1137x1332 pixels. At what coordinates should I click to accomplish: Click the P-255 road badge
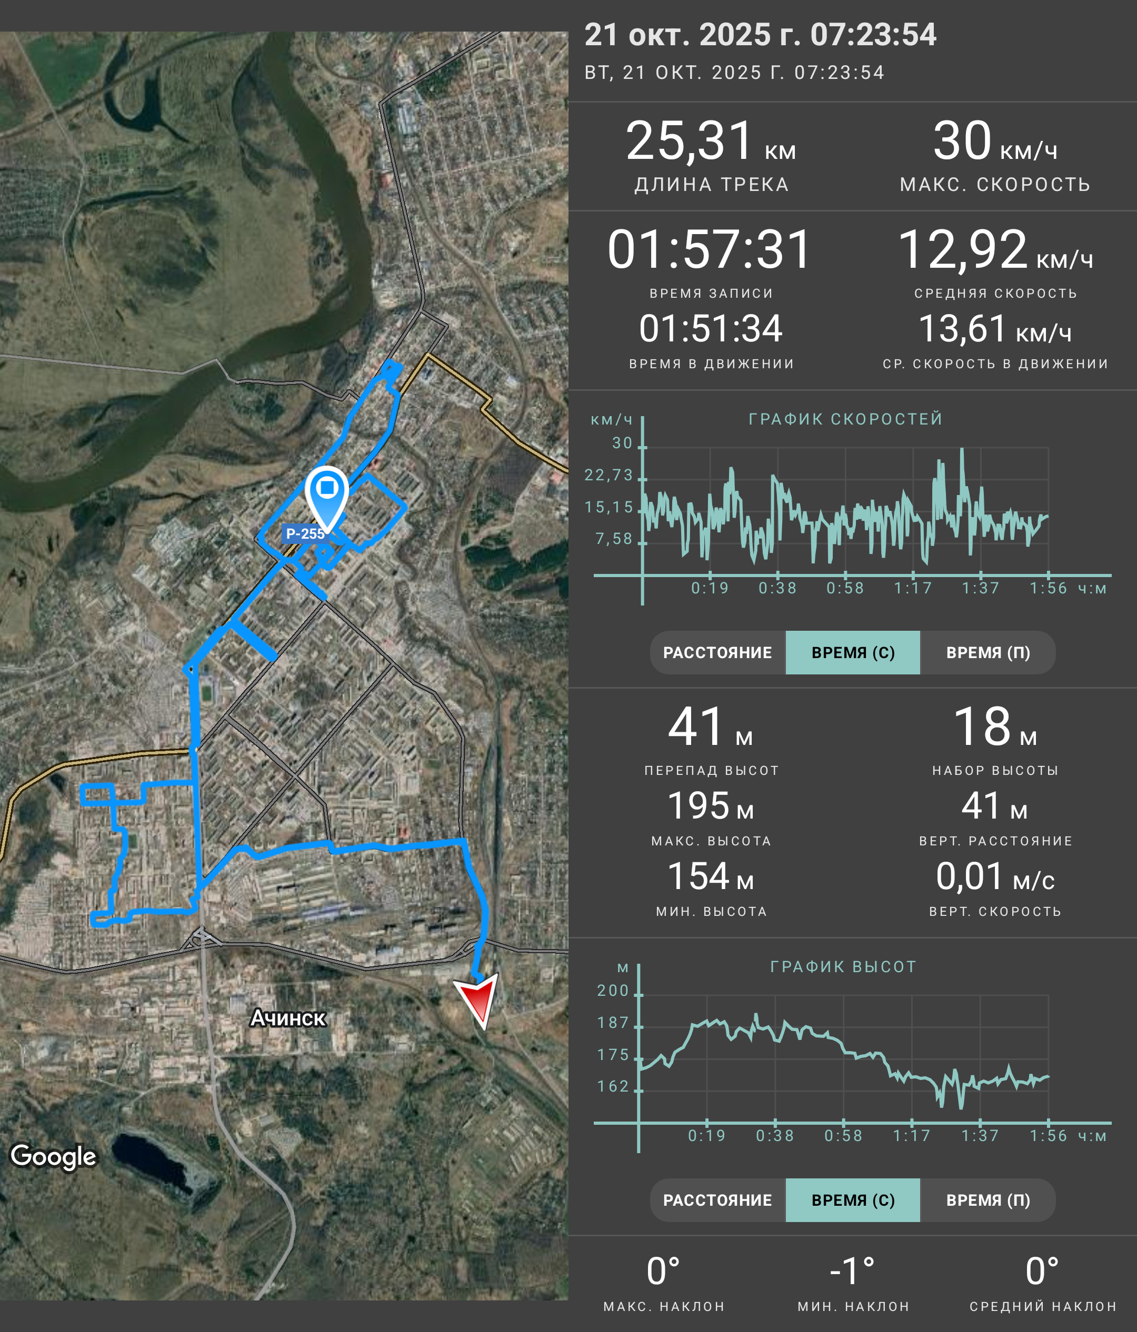(x=305, y=533)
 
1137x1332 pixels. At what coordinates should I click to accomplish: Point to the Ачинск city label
(x=288, y=1017)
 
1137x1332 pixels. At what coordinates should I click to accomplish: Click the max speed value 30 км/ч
(x=995, y=141)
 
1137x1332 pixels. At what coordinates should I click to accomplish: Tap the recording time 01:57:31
(x=710, y=249)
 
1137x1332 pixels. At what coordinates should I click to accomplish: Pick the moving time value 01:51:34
(x=711, y=328)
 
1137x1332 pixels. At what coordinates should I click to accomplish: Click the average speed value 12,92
(x=963, y=249)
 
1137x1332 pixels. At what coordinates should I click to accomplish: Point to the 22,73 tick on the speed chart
(x=609, y=475)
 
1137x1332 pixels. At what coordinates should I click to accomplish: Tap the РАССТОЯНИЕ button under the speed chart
(x=717, y=652)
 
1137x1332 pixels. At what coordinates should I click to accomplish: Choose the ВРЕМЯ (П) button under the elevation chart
(x=988, y=1200)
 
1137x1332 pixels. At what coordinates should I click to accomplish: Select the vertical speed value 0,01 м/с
(x=995, y=877)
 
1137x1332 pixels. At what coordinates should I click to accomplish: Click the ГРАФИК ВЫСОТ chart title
(x=843, y=967)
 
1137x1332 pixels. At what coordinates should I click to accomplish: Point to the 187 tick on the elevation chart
(x=613, y=1023)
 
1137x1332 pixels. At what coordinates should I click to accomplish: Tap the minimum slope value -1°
(x=853, y=1272)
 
